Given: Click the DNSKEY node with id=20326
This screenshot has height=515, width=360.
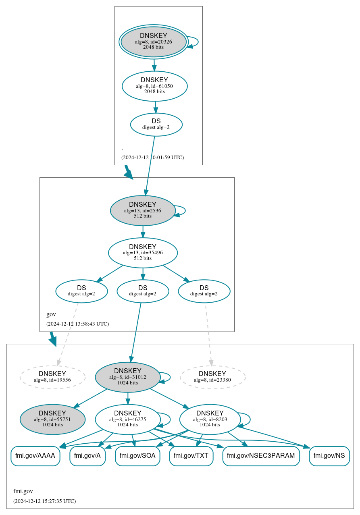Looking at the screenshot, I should [x=153, y=42].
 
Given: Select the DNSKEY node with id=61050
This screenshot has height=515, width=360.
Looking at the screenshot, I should [x=154, y=86].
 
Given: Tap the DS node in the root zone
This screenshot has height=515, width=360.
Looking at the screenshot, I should [x=156, y=125].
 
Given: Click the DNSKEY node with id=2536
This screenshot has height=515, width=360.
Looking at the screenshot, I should [x=142, y=210].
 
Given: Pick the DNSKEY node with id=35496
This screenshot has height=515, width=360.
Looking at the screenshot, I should [x=143, y=253].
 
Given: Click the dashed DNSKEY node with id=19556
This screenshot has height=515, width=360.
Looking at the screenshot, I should [x=52, y=377].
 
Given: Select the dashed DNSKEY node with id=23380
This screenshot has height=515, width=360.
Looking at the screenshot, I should [x=212, y=377].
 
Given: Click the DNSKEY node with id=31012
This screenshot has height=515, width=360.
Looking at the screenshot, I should [x=127, y=377].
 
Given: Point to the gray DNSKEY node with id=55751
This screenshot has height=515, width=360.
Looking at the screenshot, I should [x=52, y=419].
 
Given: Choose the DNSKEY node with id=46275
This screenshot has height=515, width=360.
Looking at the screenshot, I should [x=127, y=419].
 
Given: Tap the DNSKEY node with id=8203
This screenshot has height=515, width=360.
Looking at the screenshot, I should [x=210, y=419].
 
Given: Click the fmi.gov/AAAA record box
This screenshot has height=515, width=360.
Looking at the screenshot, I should [x=35, y=456].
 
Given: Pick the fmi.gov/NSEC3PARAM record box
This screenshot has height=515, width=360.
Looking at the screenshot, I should [x=261, y=456].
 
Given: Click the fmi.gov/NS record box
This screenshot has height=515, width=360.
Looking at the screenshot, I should [x=329, y=456].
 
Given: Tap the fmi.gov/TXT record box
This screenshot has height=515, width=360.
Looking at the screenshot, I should [x=191, y=456].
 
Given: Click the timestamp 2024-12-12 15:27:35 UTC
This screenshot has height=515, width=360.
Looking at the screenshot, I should [x=44, y=501].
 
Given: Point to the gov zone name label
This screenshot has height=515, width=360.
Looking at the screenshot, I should [x=51, y=314].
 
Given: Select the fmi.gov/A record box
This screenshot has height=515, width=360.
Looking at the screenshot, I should [x=87, y=456].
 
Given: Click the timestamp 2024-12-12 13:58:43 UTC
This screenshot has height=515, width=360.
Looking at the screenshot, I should [x=77, y=324].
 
